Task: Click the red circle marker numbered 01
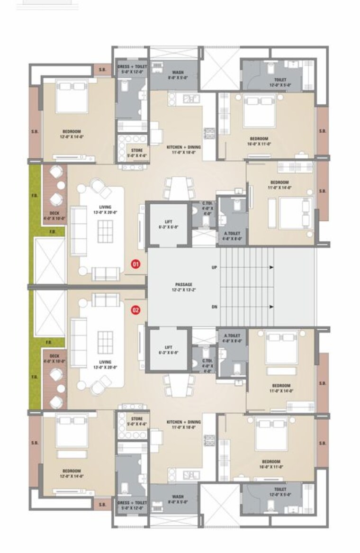[x=135, y=264]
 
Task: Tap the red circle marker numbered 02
[x=135, y=310]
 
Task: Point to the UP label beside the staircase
[x=214, y=268]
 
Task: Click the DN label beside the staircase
[x=214, y=307]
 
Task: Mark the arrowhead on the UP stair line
[x=271, y=268]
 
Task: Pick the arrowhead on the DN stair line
[x=271, y=307]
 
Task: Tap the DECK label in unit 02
[x=54, y=355]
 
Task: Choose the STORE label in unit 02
[x=137, y=419]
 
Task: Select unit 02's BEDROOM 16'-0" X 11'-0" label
[x=270, y=461]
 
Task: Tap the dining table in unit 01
[x=179, y=188]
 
